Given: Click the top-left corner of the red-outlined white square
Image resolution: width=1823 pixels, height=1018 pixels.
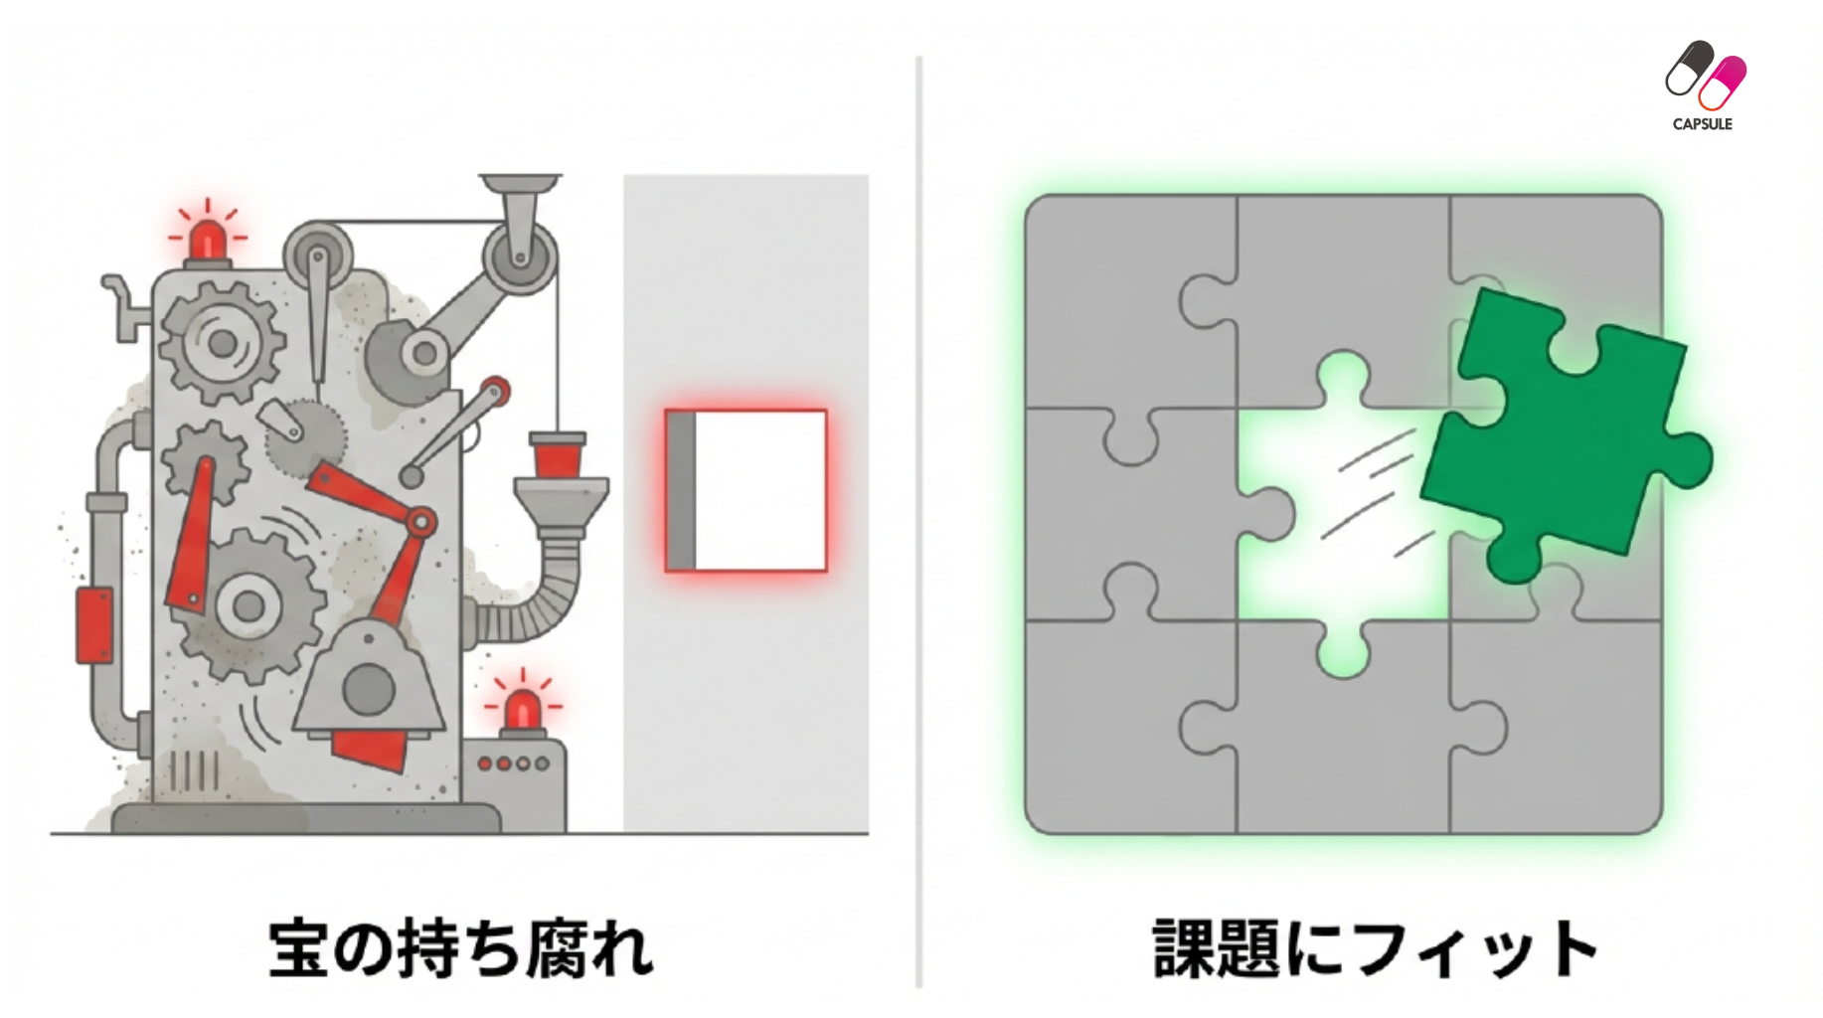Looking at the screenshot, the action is [666, 411].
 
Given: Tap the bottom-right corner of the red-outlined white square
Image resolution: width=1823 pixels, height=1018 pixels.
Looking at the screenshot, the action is [826, 571].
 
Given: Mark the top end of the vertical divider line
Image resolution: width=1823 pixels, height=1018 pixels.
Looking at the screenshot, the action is [919, 58].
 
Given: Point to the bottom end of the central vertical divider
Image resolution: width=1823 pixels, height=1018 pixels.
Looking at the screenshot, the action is [919, 986].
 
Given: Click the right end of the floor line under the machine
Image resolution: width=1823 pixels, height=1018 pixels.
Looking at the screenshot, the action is [869, 833].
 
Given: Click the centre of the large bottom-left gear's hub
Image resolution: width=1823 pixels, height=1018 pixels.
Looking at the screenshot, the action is [247, 605].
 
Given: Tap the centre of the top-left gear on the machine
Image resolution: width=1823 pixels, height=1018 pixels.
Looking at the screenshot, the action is [222, 342].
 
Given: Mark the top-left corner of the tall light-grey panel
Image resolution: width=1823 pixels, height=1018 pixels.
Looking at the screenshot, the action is [624, 176].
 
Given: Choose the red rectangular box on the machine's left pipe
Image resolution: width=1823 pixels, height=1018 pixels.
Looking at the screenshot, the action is [94, 625].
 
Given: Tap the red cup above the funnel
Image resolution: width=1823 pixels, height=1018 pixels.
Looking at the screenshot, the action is [558, 456].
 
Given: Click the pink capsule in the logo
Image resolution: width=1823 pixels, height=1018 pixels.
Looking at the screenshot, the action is [1723, 84].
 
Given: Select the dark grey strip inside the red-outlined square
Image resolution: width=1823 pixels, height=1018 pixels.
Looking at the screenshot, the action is [681, 491].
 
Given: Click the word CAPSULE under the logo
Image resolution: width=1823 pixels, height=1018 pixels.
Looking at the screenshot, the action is [1702, 124].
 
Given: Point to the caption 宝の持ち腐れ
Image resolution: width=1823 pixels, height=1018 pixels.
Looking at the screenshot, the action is [461, 947].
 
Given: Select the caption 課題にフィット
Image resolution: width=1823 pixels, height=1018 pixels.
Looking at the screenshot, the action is [1376, 947].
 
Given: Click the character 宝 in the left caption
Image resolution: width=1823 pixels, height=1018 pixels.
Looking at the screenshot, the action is [299, 948].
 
